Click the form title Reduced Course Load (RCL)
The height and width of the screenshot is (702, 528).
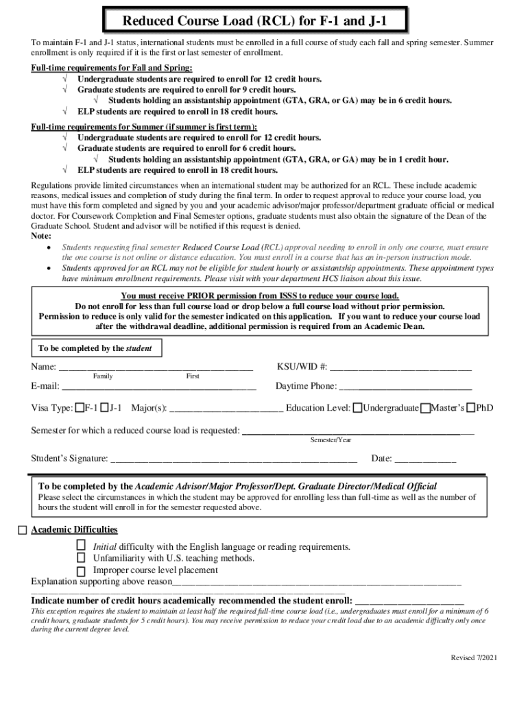[x=254, y=21]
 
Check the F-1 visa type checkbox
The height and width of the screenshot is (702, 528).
[x=80, y=408]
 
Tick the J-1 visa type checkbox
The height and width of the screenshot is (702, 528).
[x=105, y=408]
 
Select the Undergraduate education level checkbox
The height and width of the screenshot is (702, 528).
[x=357, y=408]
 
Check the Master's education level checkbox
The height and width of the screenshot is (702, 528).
[x=425, y=409]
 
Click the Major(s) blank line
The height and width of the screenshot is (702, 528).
[x=226, y=409]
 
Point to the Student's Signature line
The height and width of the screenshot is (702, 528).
[x=234, y=459]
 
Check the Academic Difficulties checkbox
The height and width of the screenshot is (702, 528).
[x=23, y=530]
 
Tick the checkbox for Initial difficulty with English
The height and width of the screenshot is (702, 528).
[x=81, y=545]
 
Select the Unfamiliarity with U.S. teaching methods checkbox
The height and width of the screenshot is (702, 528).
[x=81, y=558]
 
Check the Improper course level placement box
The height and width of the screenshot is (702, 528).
[x=81, y=570]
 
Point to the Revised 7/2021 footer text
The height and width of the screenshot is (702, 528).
[x=474, y=658]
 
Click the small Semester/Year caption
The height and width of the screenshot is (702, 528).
[x=331, y=439]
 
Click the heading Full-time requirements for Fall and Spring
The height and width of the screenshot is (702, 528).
[x=112, y=68]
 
